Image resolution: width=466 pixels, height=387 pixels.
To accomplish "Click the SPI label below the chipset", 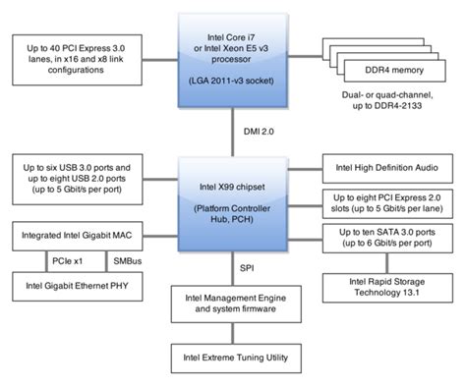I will click(248, 266).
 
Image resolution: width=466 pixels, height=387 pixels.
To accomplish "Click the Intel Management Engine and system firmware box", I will click(234, 303).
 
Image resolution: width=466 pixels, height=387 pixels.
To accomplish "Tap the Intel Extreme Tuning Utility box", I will click(234, 358).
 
